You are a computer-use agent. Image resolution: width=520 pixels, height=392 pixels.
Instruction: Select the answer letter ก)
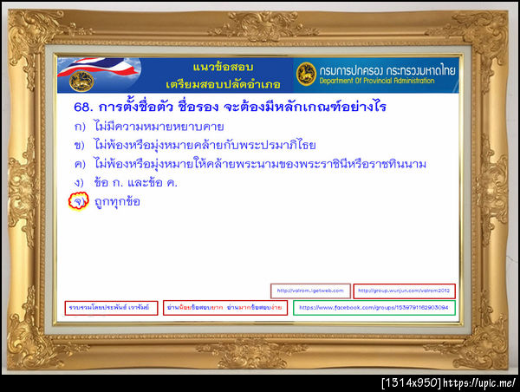pos(79,127)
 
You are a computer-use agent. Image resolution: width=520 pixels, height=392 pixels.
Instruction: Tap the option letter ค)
pos(79,163)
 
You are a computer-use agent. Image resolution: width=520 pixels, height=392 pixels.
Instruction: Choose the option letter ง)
pos(79,182)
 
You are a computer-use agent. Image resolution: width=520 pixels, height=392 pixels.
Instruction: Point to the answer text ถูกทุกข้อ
pos(117,202)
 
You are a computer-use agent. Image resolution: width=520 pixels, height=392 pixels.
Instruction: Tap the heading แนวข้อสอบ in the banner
pos(214,67)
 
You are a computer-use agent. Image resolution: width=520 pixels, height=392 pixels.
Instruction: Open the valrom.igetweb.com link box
pos(310,291)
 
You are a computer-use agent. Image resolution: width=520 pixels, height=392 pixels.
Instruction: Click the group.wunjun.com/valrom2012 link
pos(405,291)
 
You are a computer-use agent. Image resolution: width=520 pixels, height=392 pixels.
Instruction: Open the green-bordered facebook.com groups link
pos(374,308)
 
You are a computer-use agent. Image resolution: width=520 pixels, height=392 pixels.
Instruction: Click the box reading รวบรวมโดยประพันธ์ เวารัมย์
pos(112,308)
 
